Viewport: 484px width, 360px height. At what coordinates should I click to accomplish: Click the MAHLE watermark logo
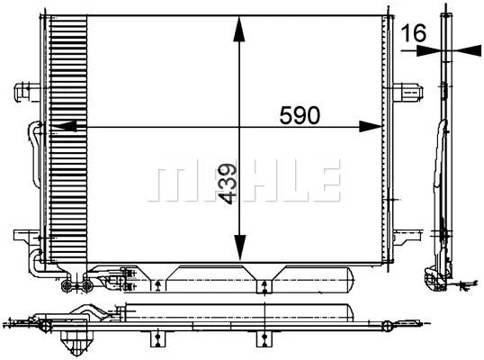click(x=245, y=181)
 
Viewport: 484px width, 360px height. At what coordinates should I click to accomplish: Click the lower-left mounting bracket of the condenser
click(x=24, y=237)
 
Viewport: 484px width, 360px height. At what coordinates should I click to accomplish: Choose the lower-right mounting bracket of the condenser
click(x=407, y=237)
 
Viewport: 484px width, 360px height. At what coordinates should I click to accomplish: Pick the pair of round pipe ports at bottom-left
click(x=76, y=288)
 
